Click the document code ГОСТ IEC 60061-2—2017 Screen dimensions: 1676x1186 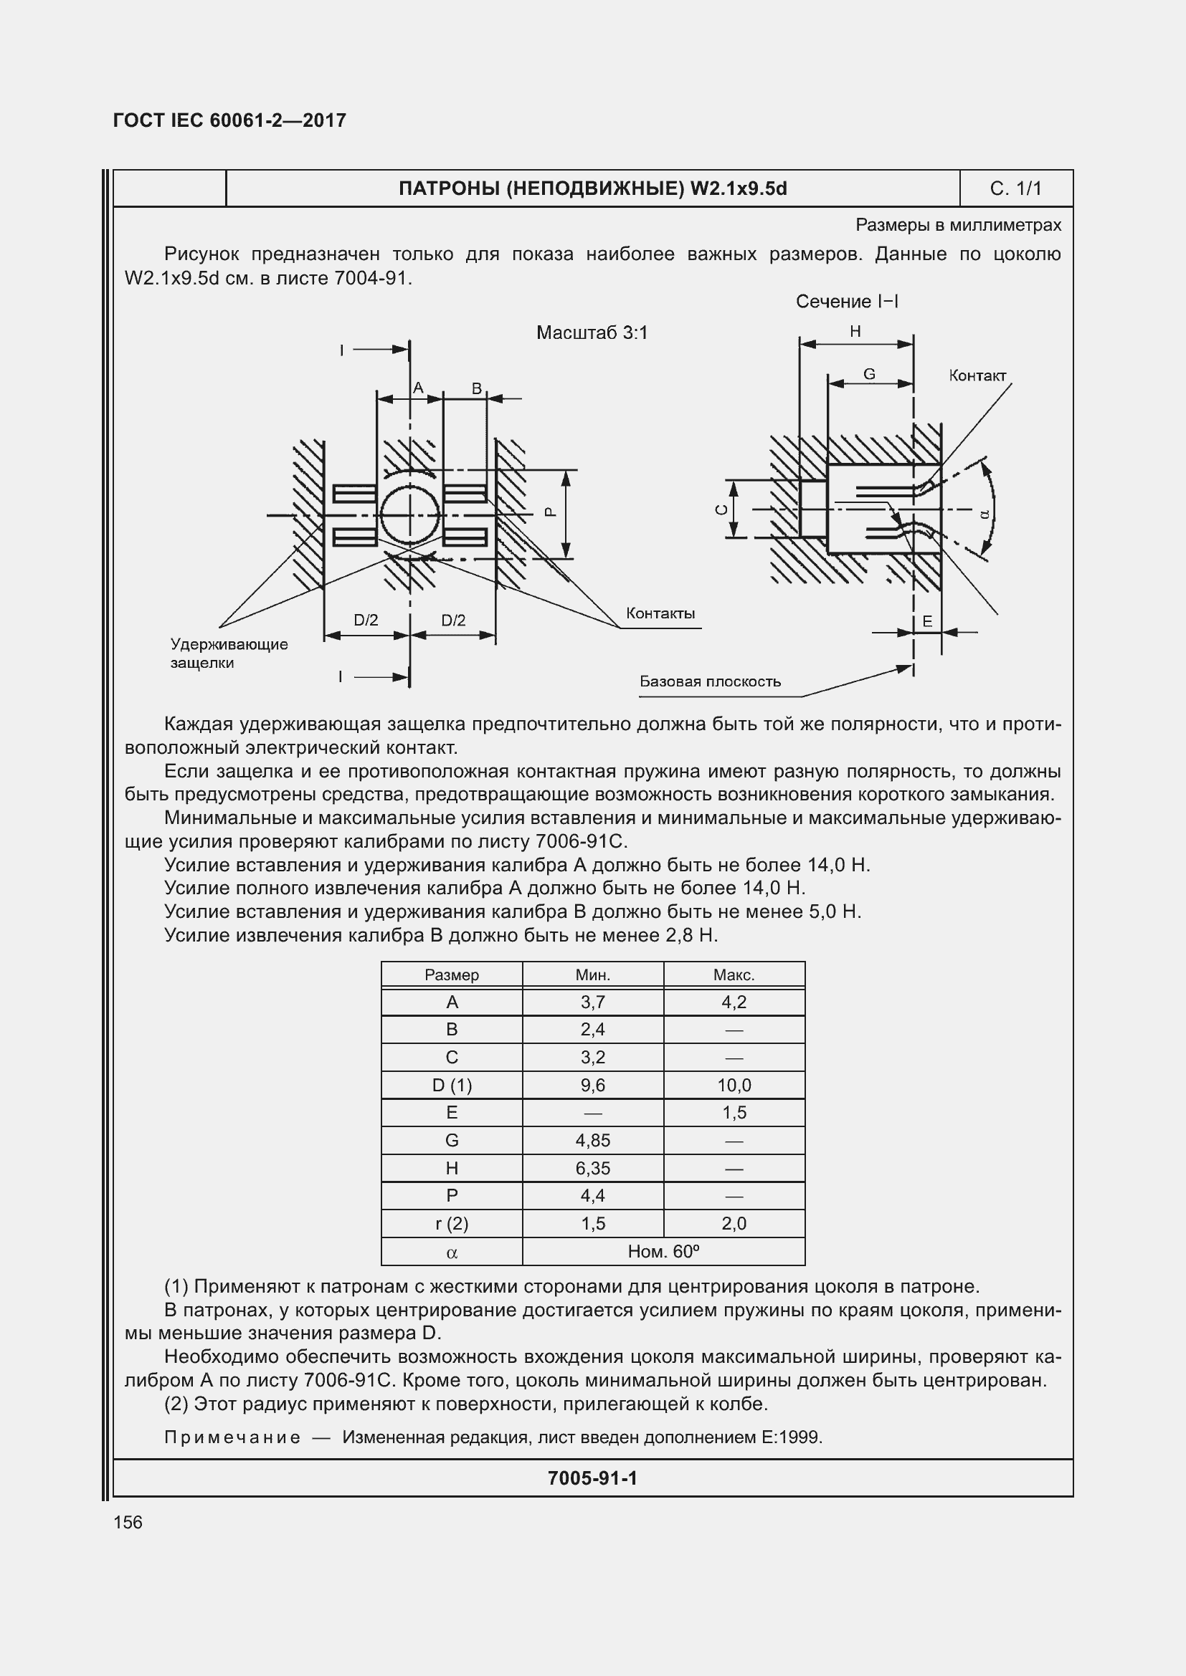(x=229, y=120)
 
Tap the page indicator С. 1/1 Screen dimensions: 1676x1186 (x=1015, y=188)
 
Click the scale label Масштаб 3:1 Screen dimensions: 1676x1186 (x=592, y=333)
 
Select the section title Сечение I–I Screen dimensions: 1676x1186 (x=846, y=302)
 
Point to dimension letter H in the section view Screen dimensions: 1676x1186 (x=855, y=332)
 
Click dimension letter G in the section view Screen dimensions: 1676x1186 (x=869, y=374)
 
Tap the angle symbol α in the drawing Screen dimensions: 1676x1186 (x=984, y=513)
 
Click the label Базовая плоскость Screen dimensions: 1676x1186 (x=710, y=681)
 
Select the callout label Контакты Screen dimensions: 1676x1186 (x=660, y=613)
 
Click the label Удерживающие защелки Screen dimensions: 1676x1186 (x=229, y=653)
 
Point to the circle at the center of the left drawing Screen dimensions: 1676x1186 (x=409, y=515)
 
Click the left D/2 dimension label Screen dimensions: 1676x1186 (x=366, y=621)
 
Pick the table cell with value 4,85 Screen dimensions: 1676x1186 (x=592, y=1140)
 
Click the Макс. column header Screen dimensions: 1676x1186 (x=734, y=975)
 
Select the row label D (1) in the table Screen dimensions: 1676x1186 (x=451, y=1085)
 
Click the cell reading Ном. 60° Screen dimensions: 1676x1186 (x=663, y=1251)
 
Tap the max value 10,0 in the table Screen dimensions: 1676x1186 (x=734, y=1085)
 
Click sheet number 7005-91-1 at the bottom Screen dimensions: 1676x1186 (x=592, y=1478)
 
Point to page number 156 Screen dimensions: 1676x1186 (x=128, y=1522)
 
